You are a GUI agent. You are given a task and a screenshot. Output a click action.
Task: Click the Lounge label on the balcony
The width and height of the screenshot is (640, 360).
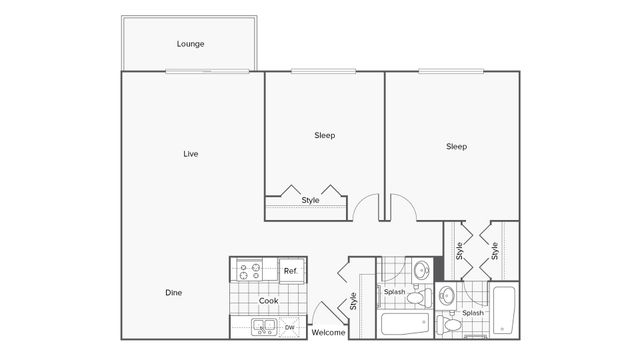[191, 44]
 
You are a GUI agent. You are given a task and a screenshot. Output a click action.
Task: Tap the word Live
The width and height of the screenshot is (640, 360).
[190, 154]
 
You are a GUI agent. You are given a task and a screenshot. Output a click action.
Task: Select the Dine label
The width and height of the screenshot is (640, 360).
[174, 293]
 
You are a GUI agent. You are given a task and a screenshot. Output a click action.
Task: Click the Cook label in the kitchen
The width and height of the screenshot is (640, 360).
[268, 300]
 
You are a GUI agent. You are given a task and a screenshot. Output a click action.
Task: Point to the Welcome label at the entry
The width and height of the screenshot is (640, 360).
[329, 332]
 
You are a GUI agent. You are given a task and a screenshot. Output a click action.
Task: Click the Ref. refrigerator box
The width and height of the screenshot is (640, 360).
[292, 270]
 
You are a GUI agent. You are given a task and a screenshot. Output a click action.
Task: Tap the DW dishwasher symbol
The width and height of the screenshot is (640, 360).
[290, 327]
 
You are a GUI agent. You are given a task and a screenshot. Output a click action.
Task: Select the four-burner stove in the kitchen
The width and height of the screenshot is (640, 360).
[249, 270]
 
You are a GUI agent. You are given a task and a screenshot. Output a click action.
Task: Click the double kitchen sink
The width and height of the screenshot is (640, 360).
[265, 326]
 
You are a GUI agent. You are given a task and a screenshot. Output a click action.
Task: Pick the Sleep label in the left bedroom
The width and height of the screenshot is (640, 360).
[325, 135]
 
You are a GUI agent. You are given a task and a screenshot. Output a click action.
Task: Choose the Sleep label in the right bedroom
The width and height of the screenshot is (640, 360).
[456, 146]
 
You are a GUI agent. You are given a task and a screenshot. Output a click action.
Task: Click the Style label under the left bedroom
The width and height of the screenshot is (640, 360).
[311, 200]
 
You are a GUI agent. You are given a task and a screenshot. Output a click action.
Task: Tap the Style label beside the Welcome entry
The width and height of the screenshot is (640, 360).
[354, 301]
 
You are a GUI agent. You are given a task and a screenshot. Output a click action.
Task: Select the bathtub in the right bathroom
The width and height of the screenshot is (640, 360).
[503, 311]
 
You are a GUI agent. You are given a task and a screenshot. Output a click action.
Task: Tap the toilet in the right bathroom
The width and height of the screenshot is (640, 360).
[452, 324]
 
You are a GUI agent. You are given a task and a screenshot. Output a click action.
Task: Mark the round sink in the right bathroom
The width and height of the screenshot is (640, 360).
[446, 295]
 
